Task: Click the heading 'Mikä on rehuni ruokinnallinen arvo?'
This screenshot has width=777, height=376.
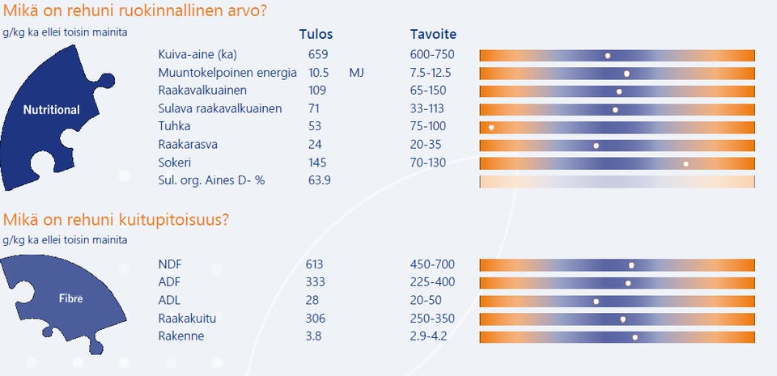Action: click(x=135, y=11)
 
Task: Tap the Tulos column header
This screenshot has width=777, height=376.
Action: click(x=316, y=35)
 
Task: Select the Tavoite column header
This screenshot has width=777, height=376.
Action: click(x=433, y=35)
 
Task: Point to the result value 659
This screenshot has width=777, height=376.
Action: click(x=319, y=55)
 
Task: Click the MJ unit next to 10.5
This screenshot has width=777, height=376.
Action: click(x=357, y=73)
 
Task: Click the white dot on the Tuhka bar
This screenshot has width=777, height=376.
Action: click(x=491, y=128)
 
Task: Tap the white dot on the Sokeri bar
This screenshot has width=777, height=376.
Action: click(x=686, y=163)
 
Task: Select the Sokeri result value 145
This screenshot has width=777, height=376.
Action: click(x=319, y=162)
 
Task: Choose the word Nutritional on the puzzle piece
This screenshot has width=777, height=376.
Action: click(x=51, y=110)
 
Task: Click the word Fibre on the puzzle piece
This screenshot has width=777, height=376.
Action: click(x=70, y=298)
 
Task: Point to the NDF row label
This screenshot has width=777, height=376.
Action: click(x=171, y=264)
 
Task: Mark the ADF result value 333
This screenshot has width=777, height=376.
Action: click(x=316, y=282)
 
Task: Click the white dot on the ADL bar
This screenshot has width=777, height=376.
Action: click(x=597, y=302)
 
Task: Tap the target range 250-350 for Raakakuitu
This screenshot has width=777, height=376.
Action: click(x=433, y=319)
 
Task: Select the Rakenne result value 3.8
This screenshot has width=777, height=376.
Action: click(x=314, y=336)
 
